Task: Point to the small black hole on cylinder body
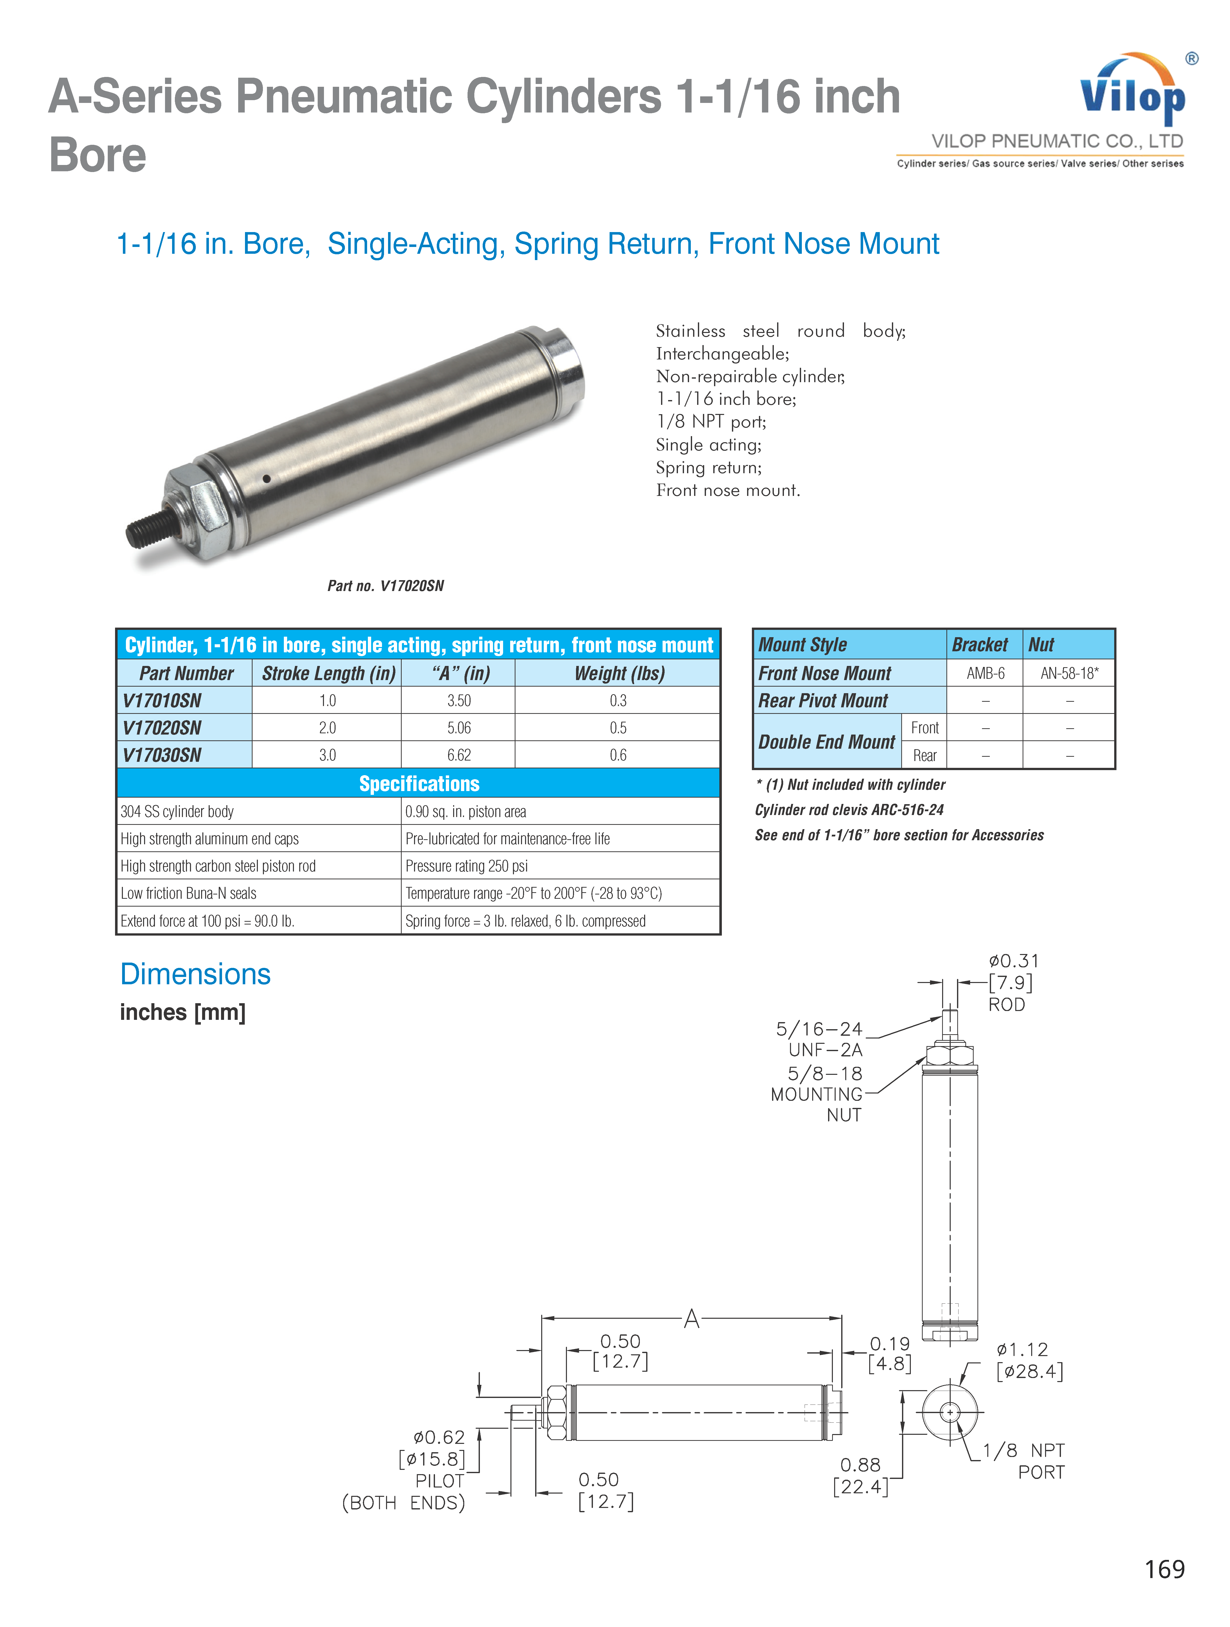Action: [266, 479]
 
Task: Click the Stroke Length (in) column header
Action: [328, 673]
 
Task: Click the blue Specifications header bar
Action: [419, 783]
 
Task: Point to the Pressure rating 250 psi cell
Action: [467, 866]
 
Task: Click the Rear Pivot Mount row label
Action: [823, 700]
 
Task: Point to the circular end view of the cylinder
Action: [950, 1412]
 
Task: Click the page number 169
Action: [1165, 1569]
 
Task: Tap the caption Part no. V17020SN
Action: [386, 585]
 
